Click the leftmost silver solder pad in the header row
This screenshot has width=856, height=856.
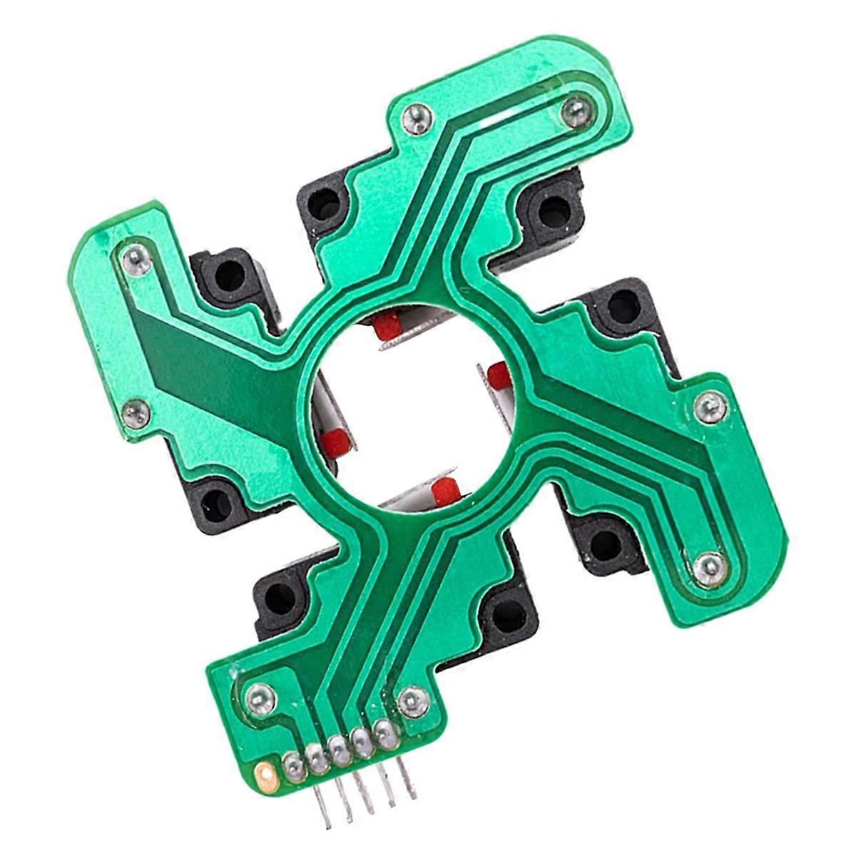[x=291, y=767]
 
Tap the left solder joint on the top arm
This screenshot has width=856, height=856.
[x=416, y=116]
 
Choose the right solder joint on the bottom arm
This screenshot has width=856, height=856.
[x=412, y=701]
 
